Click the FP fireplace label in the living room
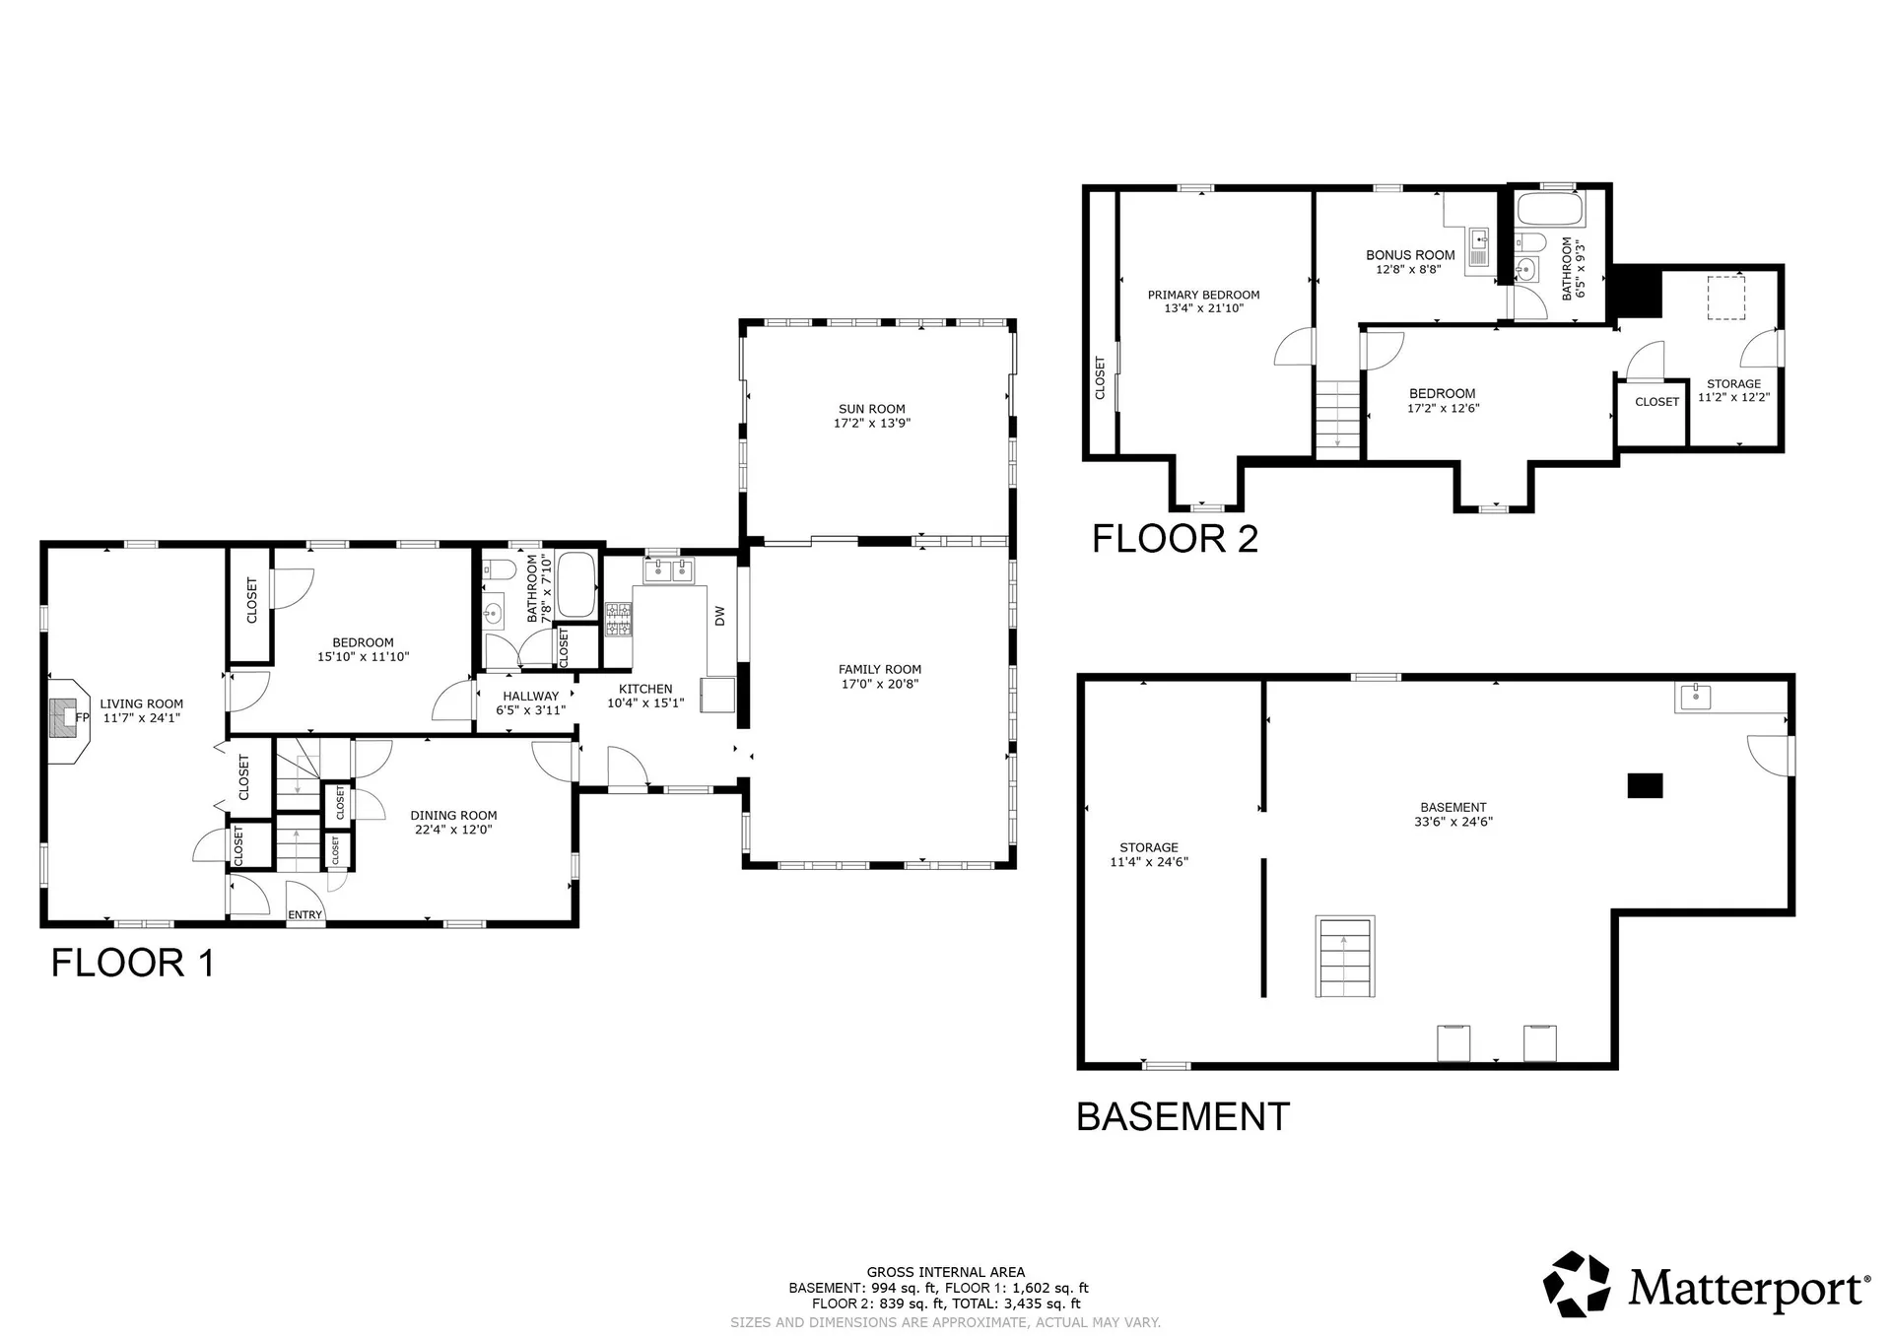[83, 717]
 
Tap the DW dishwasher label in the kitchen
[719, 616]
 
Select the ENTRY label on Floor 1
[305, 915]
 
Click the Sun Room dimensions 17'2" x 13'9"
[872, 424]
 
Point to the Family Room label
[880, 670]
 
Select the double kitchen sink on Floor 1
[669, 569]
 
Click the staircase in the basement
[1345, 957]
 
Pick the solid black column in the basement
[1645, 785]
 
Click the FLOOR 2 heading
[1175, 539]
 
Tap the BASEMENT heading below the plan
[1182, 1117]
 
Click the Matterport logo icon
[1577, 1284]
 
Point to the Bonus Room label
[1410, 255]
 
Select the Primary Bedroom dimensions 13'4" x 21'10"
[1204, 308]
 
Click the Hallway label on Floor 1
[531, 696]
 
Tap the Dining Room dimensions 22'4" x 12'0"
[453, 830]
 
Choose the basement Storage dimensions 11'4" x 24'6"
[1149, 862]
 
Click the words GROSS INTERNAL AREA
[946, 1272]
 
